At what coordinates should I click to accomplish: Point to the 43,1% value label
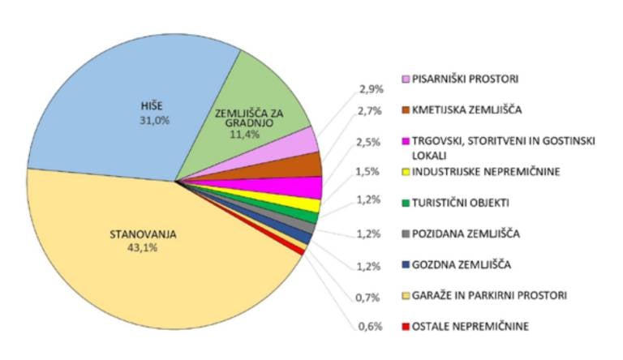point(143,248)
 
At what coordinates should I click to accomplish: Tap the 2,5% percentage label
point(370,143)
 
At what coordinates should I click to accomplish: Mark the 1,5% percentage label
point(370,171)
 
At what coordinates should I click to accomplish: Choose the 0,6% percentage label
point(370,328)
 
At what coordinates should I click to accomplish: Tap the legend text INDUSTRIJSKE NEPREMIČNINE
point(486,171)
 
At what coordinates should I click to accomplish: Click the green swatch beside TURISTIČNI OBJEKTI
point(405,203)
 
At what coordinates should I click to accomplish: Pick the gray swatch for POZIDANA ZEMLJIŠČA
point(405,234)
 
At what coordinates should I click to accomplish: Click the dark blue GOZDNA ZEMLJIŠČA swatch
point(405,264)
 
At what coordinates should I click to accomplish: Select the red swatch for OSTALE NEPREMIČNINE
point(405,327)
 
